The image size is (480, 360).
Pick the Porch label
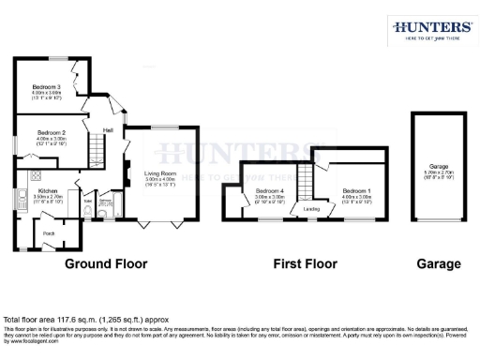[x=48, y=233]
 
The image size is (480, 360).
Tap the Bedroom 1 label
[x=357, y=190]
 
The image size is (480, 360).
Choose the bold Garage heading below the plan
[x=438, y=264]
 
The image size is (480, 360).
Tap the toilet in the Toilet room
[x=86, y=214]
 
